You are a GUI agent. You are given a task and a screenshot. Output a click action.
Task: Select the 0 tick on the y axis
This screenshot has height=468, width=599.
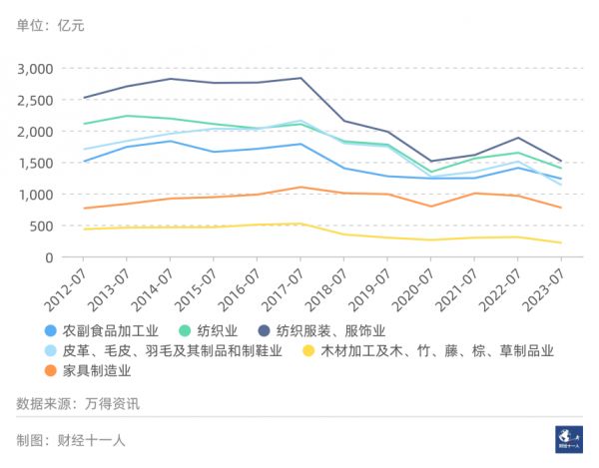47,257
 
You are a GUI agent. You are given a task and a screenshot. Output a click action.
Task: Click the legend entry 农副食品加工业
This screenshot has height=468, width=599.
110,330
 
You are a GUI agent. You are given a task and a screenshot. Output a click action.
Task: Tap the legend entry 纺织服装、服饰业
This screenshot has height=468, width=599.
330,330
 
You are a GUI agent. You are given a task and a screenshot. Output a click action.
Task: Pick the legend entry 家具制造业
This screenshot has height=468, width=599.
97,371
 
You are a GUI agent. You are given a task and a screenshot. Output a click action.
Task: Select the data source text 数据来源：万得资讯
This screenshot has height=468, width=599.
78,404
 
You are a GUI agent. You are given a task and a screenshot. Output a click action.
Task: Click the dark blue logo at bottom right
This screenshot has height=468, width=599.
567,439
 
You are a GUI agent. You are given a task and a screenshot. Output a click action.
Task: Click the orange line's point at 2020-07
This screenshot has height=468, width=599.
431,207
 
